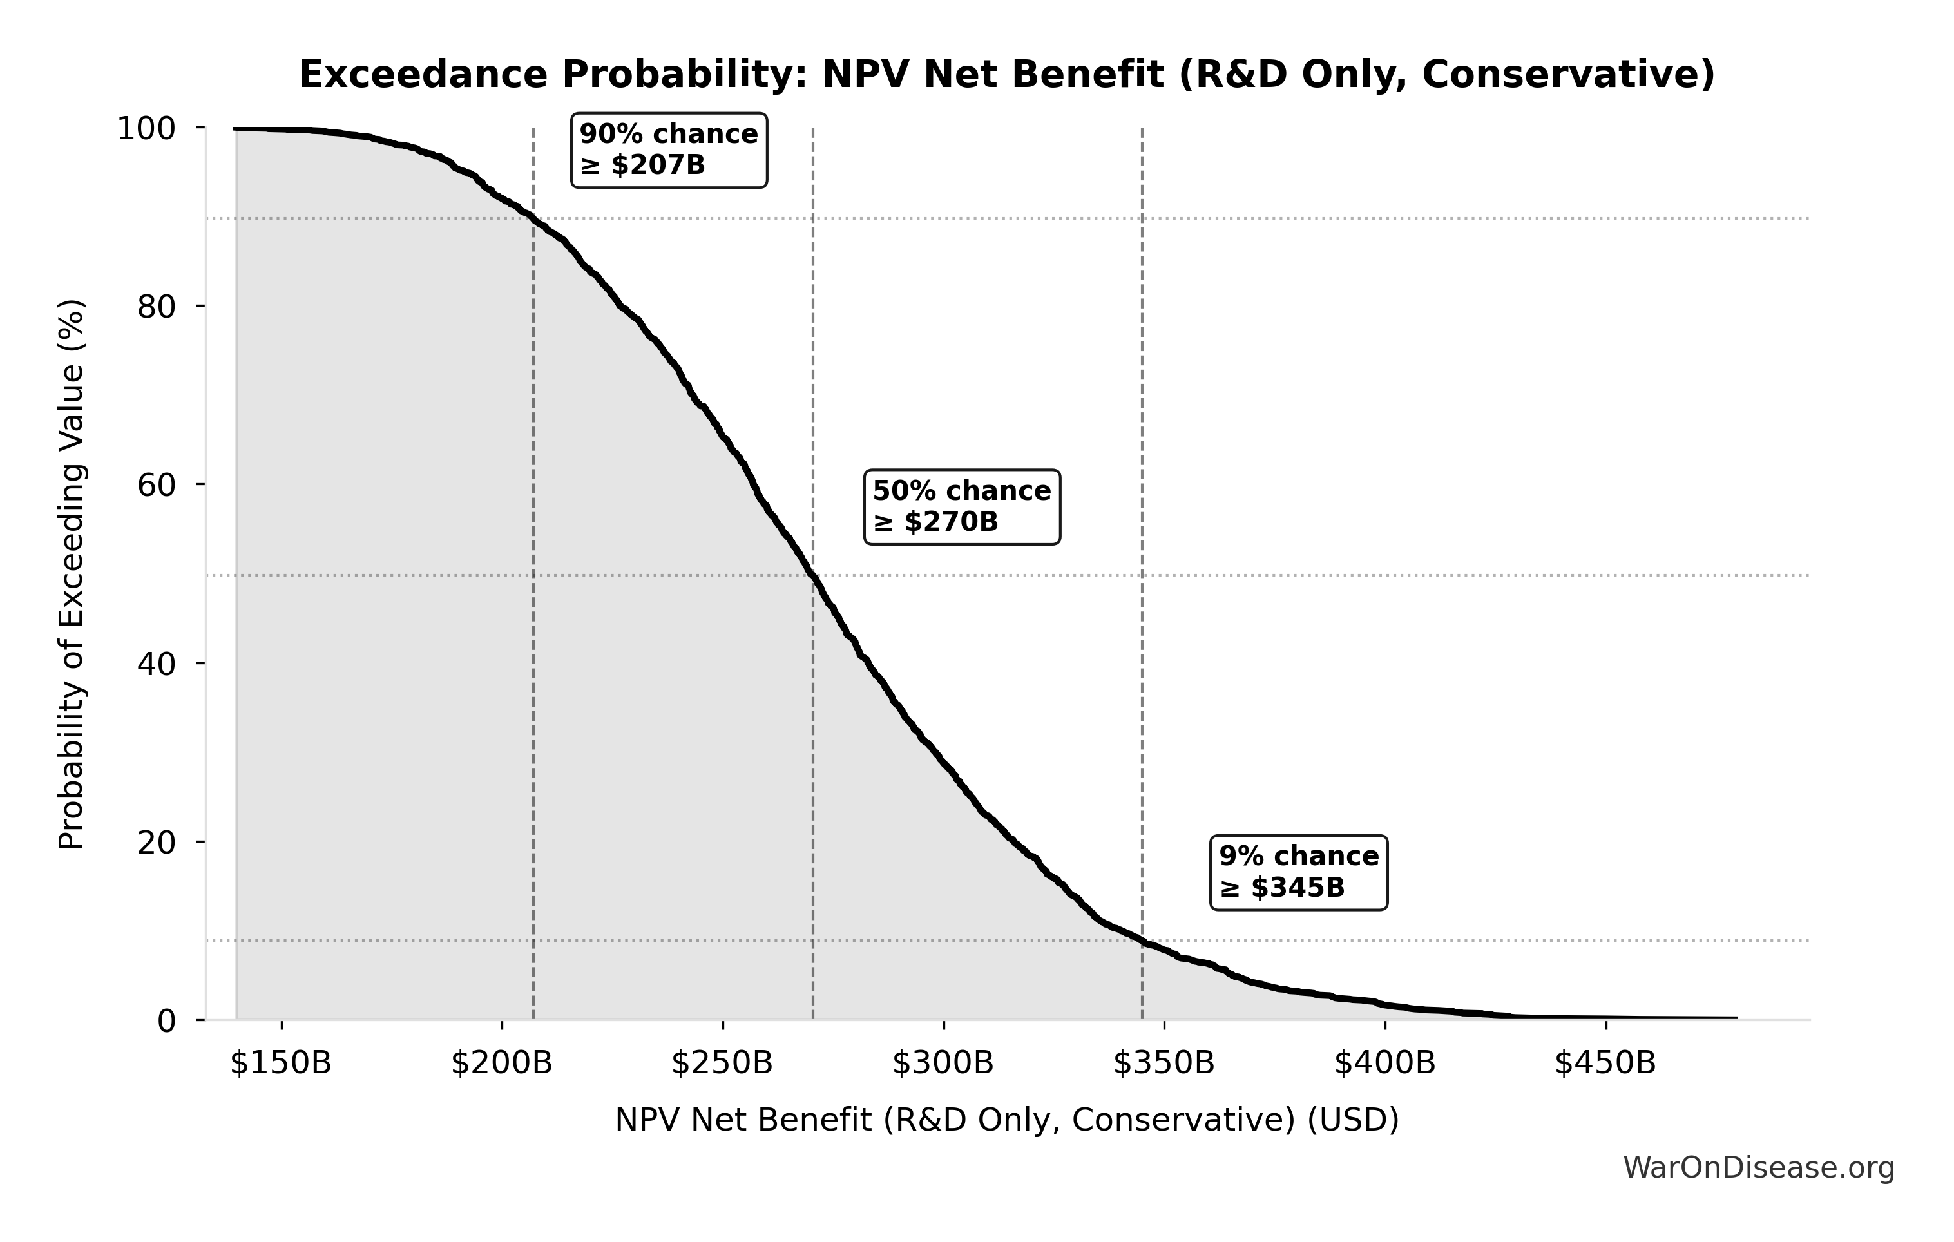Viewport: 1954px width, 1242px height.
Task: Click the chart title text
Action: point(1007,75)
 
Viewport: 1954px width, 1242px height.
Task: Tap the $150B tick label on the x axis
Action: point(281,1063)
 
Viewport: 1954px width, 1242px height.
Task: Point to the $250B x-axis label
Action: point(722,1063)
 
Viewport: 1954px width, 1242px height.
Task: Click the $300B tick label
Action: point(943,1063)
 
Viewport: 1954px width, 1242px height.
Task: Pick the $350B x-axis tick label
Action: point(1164,1063)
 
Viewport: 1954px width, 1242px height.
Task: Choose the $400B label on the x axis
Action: point(1385,1063)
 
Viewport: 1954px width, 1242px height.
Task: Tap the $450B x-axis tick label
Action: point(1605,1063)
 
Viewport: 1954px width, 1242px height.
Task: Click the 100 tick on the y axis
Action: point(146,128)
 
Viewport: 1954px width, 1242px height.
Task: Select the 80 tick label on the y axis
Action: point(156,307)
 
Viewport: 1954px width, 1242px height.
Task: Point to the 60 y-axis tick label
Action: point(156,485)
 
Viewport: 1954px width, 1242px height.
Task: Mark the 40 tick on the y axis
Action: point(156,664)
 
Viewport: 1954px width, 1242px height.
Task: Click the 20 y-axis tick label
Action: point(156,842)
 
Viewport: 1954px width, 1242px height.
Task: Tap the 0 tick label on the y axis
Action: point(166,1020)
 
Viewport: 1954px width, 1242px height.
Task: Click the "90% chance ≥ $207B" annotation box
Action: point(669,150)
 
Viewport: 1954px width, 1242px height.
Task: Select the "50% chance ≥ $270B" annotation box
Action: point(962,506)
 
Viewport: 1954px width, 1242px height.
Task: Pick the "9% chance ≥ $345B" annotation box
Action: point(1298,872)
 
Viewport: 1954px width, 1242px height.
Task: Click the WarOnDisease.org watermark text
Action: point(1758,1167)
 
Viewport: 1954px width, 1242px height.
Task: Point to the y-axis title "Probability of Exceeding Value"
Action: point(72,575)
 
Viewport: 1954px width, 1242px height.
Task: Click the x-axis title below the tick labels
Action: point(1007,1120)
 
